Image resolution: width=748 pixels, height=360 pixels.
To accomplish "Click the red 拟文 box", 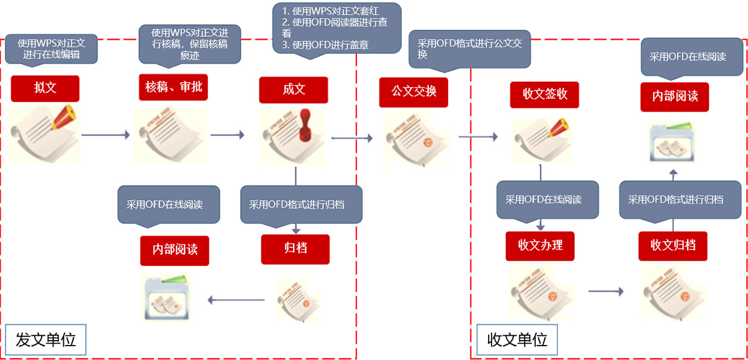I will coord(45,88).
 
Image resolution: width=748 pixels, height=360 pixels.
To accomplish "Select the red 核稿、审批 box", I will coord(173,88).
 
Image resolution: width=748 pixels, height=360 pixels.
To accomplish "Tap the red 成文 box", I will coord(294,90).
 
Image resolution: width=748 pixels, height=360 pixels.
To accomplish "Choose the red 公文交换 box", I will coord(413,92).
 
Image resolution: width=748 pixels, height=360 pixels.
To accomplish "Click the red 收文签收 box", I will coord(544,95).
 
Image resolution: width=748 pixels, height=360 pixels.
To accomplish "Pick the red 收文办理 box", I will coord(540,245).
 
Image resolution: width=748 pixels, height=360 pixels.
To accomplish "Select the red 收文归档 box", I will coord(673,245).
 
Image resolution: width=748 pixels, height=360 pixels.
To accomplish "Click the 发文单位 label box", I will coord(46,339).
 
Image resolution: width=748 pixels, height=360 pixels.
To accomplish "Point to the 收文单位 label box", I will coord(517,339).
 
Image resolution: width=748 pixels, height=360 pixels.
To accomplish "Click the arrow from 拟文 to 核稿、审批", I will coord(106,135).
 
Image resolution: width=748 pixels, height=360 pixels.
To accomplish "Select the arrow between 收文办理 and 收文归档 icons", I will coord(606,292).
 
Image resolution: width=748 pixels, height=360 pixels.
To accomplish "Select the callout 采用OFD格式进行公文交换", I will coord(469,48).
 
